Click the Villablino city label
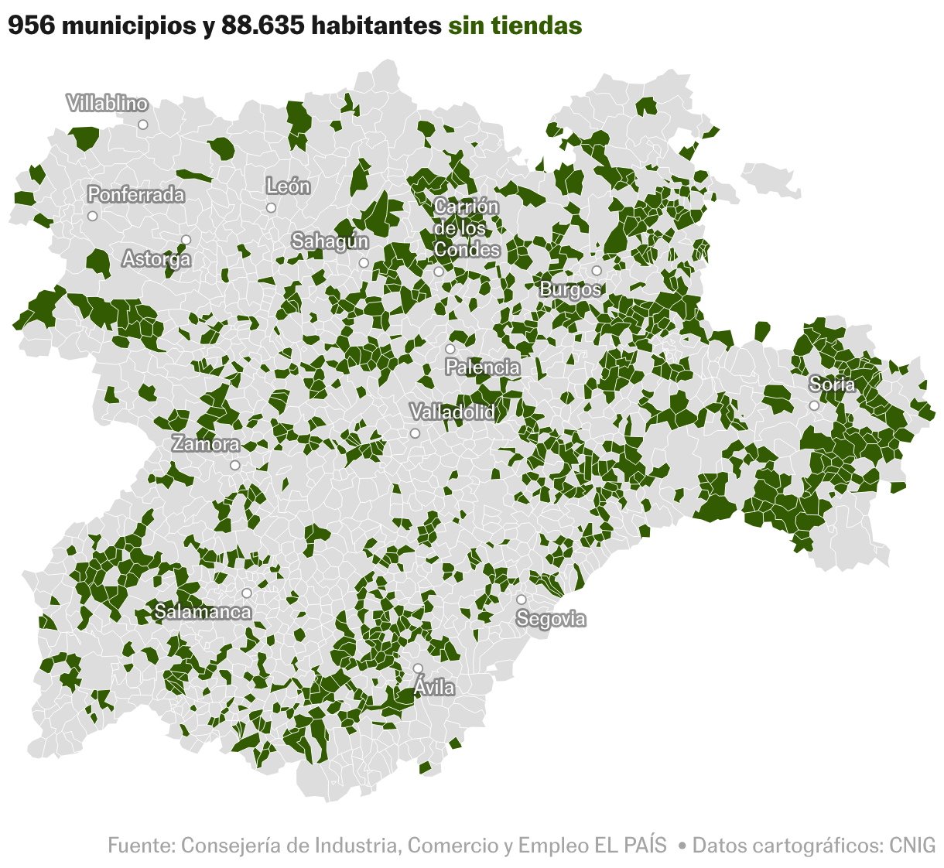click(107, 104)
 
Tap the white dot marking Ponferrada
click(93, 216)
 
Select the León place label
click(288, 186)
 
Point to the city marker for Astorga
click(186, 240)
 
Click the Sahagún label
click(330, 241)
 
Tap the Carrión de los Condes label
click(467, 228)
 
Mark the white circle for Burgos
click(597, 271)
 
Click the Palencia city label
click(483, 367)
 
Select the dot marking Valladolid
click(415, 433)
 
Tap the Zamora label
click(206, 444)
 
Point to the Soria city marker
click(814, 405)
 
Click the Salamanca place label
click(203, 612)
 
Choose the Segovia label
click(551, 619)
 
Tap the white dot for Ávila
click(418, 668)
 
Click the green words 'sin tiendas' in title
click(515, 26)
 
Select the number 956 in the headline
click(31, 26)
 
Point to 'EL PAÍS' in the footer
click(630, 845)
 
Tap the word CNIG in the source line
click(912, 845)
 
